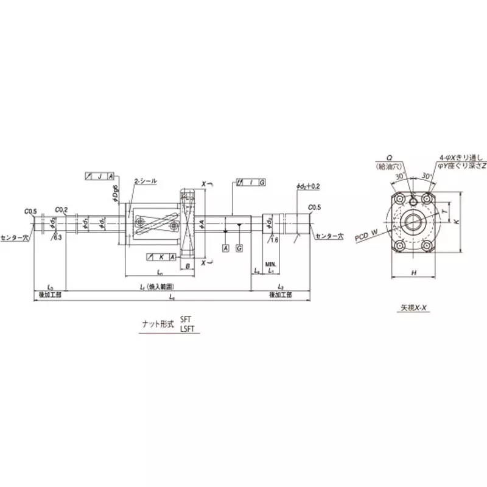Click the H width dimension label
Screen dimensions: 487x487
(414, 273)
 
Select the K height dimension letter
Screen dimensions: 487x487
(456, 223)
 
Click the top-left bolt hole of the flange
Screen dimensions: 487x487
(399, 199)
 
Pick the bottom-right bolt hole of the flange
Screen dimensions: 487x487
(429, 245)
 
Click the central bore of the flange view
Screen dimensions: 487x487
(414, 222)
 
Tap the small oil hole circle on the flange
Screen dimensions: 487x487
(413, 197)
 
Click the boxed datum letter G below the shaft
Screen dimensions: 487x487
(240, 250)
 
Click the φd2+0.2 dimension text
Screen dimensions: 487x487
(308, 185)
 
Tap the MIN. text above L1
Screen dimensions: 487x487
(270, 264)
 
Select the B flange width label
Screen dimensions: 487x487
(188, 266)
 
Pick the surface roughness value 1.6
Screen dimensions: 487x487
(275, 240)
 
